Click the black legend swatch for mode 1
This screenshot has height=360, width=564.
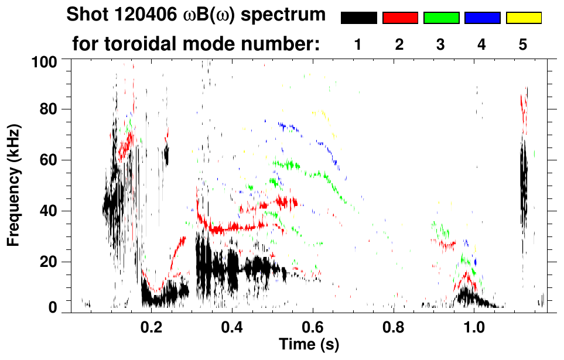[358, 18]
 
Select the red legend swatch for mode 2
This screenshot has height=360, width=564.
[400, 18]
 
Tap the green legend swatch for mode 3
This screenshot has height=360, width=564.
[441, 18]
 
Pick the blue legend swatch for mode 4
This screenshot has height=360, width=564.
[482, 18]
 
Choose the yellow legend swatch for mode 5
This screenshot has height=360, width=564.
[523, 18]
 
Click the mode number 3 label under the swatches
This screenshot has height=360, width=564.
[440, 44]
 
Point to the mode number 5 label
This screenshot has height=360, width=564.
[523, 44]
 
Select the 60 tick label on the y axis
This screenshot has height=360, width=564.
[51, 160]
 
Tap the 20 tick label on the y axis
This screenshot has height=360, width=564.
[51, 262]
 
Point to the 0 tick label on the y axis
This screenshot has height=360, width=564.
[55, 308]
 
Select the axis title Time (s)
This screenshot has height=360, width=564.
[309, 344]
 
